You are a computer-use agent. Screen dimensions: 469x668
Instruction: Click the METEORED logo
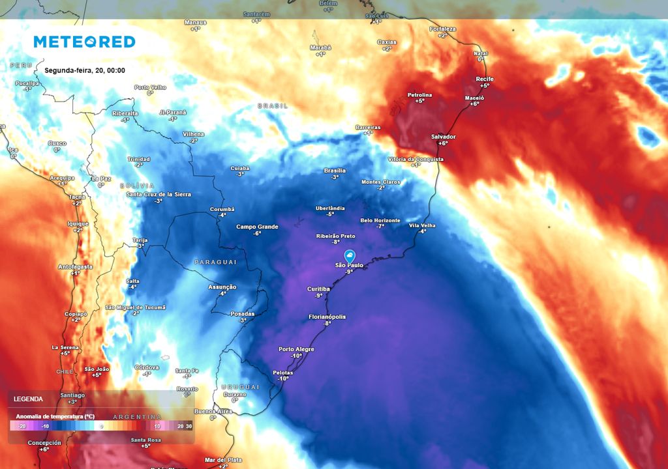click(x=84, y=42)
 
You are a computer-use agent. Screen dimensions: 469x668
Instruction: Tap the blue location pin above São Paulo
click(x=350, y=255)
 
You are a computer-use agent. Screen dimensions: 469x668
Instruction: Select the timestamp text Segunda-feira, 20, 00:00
click(x=85, y=70)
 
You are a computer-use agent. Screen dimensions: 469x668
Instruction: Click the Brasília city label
click(x=335, y=171)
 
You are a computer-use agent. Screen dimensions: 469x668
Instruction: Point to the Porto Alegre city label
click(x=296, y=349)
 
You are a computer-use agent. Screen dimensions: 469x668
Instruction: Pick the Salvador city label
click(x=443, y=137)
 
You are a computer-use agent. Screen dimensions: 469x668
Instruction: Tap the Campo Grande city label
click(x=257, y=227)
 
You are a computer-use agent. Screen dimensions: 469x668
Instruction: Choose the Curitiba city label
click(x=318, y=289)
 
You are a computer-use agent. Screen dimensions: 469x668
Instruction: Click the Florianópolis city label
click(x=327, y=317)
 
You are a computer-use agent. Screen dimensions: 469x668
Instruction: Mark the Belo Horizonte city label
click(x=380, y=221)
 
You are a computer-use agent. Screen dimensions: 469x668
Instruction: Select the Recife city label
click(x=485, y=79)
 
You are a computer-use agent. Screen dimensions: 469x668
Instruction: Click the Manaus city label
click(x=195, y=23)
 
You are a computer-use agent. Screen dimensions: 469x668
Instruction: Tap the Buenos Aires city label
click(x=213, y=411)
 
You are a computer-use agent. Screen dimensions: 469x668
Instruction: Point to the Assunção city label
click(x=222, y=287)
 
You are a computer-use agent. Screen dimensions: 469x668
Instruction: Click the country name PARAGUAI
click(x=215, y=262)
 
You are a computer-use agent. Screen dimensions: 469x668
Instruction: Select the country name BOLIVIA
click(x=137, y=186)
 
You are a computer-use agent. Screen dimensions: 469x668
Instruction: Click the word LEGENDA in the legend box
click(x=28, y=399)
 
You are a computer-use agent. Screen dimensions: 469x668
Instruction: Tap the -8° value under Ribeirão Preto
click(x=336, y=242)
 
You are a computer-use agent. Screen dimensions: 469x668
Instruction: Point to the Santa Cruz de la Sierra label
click(x=159, y=194)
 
